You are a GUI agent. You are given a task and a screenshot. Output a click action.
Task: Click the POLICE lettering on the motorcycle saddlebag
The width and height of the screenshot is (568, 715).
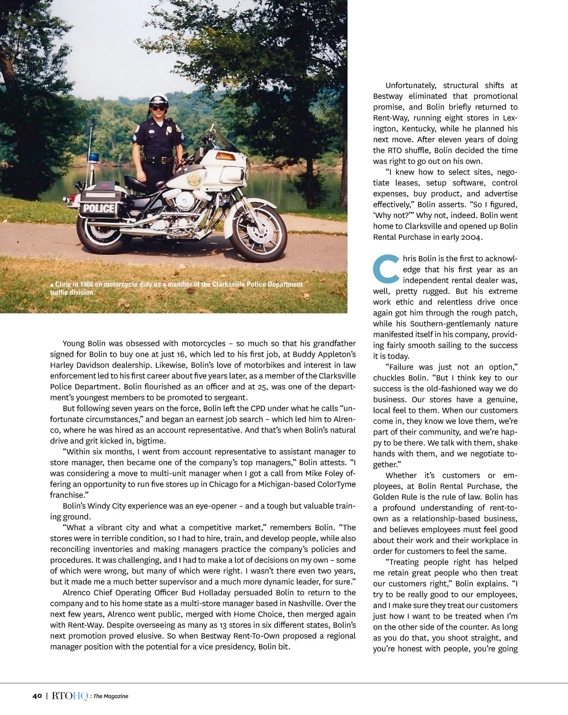pyautogui.click(x=99, y=208)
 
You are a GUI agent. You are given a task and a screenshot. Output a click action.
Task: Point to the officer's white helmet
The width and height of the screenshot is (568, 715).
pyautogui.click(x=156, y=100)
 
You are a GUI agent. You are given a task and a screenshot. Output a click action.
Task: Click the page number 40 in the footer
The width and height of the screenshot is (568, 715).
pyautogui.click(x=37, y=696)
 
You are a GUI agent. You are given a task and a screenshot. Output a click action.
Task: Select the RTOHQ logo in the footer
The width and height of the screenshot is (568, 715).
pyautogui.click(x=70, y=696)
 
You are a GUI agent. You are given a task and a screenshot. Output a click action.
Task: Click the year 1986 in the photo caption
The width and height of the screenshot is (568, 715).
pyautogui.click(x=87, y=284)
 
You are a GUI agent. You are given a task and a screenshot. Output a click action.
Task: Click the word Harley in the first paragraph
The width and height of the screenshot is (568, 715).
pyautogui.click(x=62, y=365)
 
